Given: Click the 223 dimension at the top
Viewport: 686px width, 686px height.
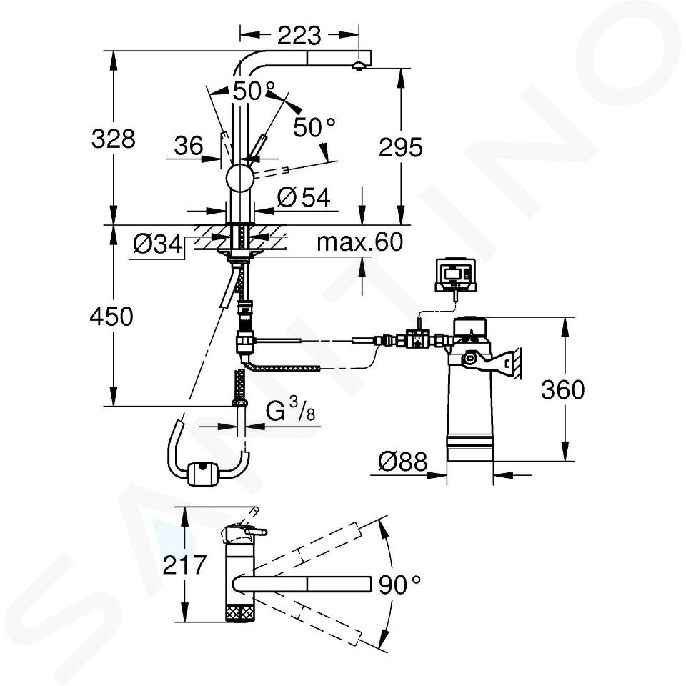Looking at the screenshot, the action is click(299, 36).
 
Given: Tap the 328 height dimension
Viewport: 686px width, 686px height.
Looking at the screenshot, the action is click(114, 139).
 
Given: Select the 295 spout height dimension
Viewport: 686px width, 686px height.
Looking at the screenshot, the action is click(401, 147).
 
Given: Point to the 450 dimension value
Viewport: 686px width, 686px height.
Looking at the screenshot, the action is click(111, 317).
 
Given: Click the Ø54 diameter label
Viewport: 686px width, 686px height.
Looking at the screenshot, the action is click(304, 197).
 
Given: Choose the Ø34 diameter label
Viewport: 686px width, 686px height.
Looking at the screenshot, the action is click(158, 244).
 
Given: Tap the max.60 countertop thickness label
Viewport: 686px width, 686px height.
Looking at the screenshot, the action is click(359, 242).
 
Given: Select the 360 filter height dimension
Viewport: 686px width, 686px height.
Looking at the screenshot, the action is click(562, 389).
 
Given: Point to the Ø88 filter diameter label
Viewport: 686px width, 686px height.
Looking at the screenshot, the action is click(402, 461).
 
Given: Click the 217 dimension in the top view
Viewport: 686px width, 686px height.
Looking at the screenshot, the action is click(184, 565).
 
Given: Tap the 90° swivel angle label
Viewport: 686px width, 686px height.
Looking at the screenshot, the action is click(399, 585).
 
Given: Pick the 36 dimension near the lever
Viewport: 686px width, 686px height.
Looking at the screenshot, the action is click(189, 146).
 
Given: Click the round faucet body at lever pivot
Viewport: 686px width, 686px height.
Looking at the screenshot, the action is click(240, 178).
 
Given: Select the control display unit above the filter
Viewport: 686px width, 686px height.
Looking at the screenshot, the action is click(455, 274).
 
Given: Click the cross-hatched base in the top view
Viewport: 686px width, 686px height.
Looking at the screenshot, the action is click(240, 612).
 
